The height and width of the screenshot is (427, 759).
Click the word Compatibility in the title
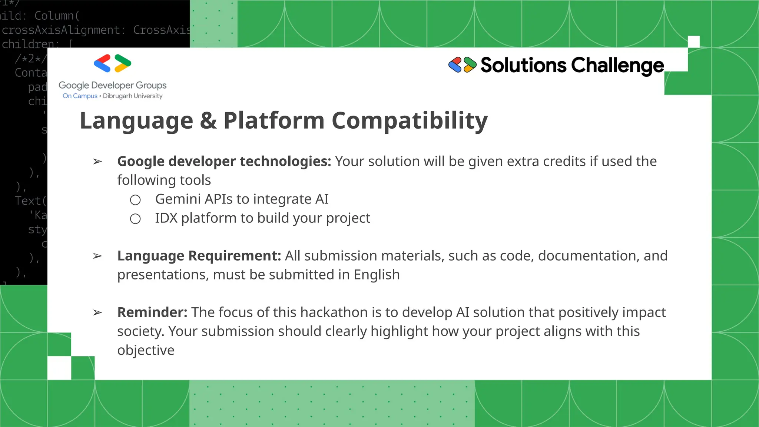click(410, 121)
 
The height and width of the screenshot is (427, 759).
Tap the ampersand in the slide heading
click(208, 121)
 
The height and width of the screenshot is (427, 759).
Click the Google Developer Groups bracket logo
click(112, 63)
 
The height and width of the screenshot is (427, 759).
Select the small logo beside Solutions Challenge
click(462, 65)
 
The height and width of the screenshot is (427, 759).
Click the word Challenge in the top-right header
click(617, 66)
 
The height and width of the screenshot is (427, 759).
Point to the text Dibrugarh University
click(133, 96)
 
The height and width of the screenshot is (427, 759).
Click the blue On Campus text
click(80, 96)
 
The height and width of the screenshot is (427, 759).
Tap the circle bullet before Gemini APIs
click(135, 200)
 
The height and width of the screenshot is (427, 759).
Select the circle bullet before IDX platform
click(135, 219)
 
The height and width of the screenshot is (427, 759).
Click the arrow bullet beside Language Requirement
click(97, 256)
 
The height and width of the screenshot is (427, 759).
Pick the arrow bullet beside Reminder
click(97, 313)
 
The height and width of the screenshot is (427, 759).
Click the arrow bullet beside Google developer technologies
click(97, 162)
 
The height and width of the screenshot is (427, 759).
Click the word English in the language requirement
click(377, 275)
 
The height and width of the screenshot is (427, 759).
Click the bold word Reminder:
click(152, 312)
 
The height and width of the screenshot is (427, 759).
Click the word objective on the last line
click(146, 351)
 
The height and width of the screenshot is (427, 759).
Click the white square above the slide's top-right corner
click(693, 42)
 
